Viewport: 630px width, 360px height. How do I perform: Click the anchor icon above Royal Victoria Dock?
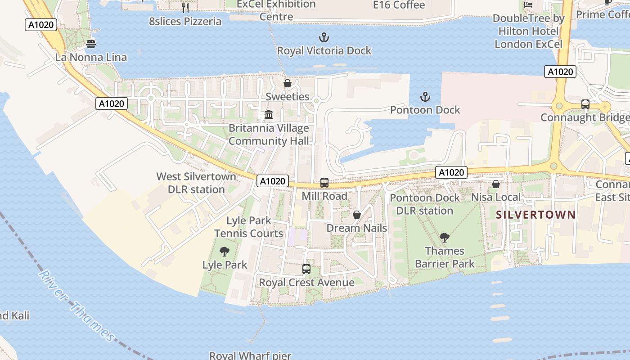point(324,37)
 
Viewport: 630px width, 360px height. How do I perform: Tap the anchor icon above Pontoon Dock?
point(425,97)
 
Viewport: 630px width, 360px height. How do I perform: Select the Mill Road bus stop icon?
point(324,183)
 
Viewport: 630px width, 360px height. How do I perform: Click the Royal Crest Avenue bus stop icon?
point(306,269)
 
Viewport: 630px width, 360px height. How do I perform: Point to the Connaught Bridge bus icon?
point(585,104)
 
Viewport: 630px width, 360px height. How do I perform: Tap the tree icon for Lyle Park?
point(224,252)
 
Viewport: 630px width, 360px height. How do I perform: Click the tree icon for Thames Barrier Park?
point(445,238)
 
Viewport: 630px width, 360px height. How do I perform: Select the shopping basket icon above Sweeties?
point(288,84)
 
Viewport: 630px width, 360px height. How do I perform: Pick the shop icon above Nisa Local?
point(496,184)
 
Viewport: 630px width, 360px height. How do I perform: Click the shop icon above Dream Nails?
point(357,215)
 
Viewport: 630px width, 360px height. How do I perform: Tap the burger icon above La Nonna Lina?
point(91,44)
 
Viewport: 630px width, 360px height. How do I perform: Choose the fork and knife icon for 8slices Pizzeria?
point(185,8)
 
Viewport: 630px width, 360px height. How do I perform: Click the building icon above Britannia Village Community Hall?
point(269,115)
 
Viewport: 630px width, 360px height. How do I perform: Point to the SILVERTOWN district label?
point(535,215)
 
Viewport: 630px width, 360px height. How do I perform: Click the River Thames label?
point(77,306)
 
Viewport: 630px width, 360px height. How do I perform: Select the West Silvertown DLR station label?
point(196,183)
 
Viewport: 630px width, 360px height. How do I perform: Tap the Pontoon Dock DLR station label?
point(425,204)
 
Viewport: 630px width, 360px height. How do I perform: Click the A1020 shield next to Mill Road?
point(273,181)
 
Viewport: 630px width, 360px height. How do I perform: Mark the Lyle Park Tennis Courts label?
point(249,227)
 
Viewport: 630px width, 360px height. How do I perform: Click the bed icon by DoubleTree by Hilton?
point(528,4)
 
